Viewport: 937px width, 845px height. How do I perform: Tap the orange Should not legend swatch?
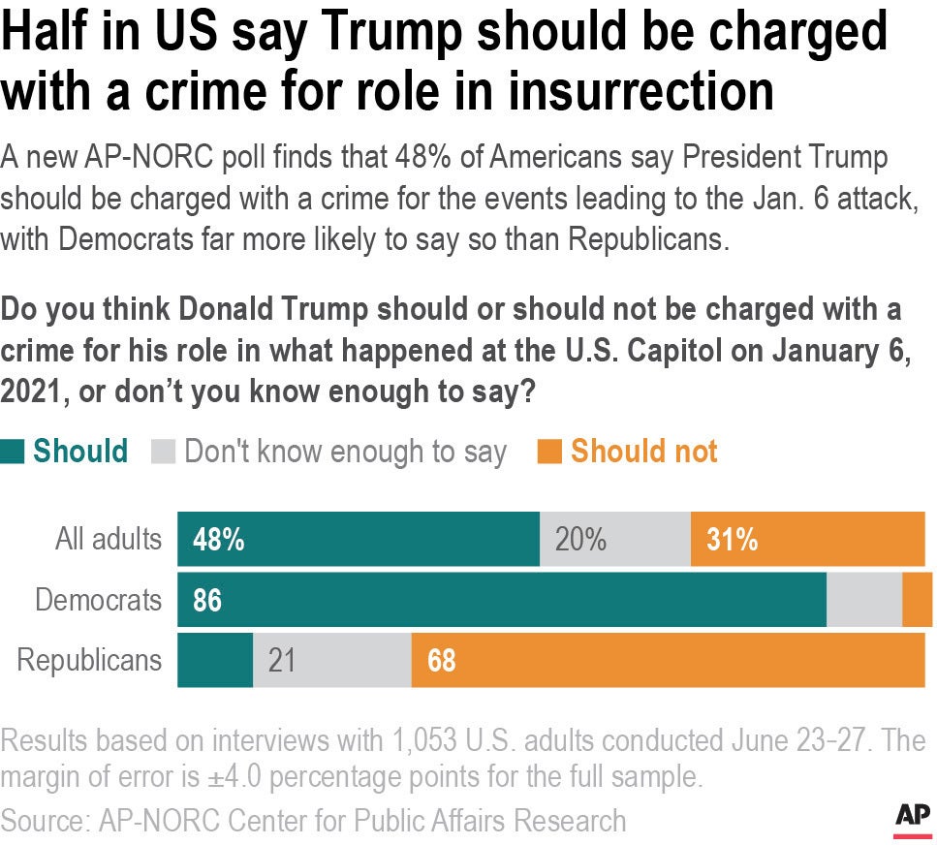click(549, 452)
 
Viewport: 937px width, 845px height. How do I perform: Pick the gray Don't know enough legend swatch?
click(164, 452)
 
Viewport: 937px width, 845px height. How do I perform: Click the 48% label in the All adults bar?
click(218, 540)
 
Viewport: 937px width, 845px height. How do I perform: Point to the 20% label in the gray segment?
click(580, 540)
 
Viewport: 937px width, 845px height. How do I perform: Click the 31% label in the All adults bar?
click(732, 540)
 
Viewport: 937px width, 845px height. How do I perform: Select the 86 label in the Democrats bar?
click(207, 601)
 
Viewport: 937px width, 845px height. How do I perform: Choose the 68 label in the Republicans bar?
click(441, 661)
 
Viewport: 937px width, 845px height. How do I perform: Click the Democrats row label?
click(98, 600)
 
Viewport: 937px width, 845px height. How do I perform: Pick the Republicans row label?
click(89, 660)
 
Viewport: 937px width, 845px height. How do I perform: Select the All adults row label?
click(108, 539)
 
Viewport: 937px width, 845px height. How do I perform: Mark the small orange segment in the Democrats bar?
click(917, 600)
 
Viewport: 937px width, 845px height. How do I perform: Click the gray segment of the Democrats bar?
click(863, 600)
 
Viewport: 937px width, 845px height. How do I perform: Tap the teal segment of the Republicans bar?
click(214, 661)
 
